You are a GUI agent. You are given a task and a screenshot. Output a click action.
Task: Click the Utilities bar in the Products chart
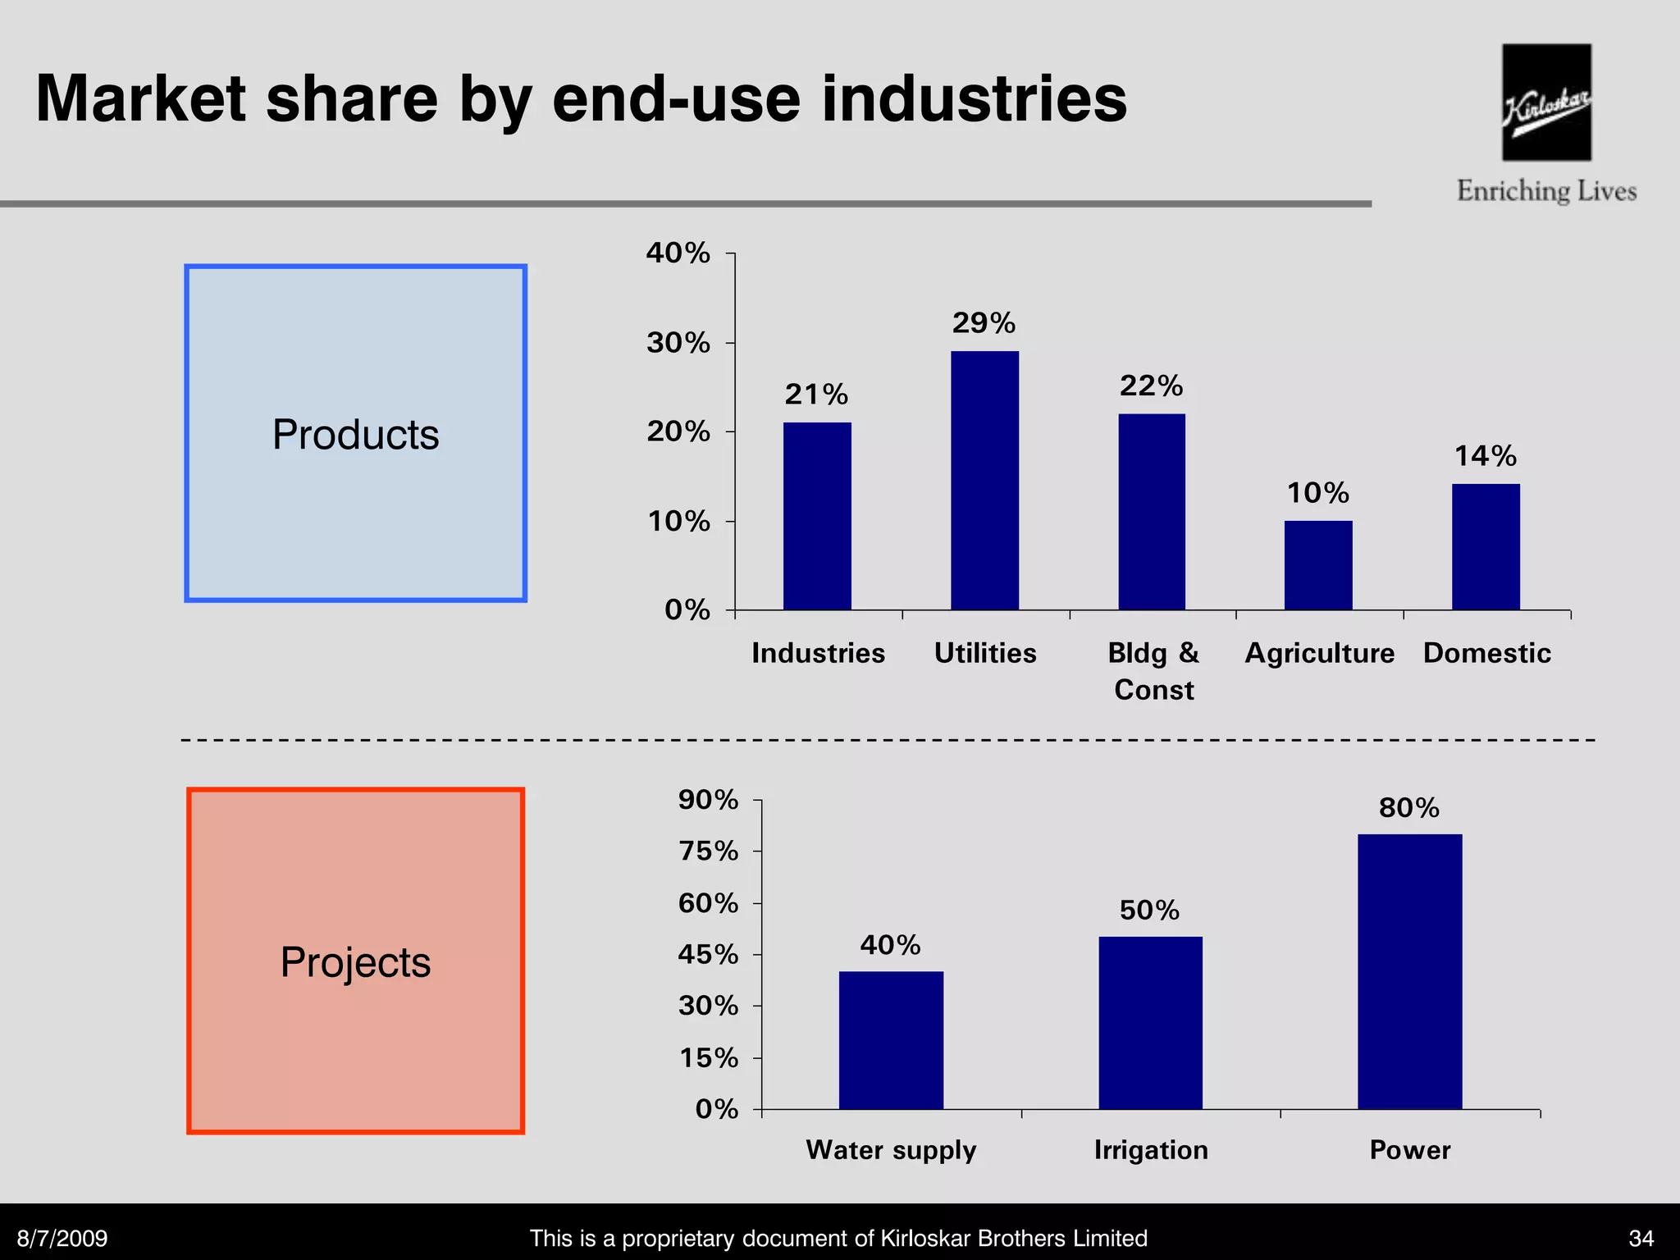(984, 480)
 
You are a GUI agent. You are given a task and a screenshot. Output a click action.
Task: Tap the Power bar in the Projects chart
(1409, 971)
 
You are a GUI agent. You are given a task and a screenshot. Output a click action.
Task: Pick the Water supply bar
(891, 1039)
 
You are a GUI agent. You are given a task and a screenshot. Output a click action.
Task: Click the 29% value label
(984, 323)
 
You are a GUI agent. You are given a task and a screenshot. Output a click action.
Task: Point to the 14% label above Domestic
(1485, 456)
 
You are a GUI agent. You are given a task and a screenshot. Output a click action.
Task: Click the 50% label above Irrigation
(1149, 910)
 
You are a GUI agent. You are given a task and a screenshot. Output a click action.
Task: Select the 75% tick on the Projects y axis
(708, 851)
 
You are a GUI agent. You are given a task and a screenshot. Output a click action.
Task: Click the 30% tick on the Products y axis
(678, 343)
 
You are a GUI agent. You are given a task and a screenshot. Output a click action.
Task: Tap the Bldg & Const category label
(1153, 671)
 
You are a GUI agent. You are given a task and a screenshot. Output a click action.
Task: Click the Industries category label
(818, 653)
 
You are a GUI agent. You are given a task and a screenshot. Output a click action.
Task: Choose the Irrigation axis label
(1151, 1150)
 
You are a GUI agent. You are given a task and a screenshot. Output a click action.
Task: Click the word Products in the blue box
(355, 434)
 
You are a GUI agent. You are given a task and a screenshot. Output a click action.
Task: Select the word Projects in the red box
(355, 961)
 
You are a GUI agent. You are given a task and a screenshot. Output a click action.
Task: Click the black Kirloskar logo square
(1546, 103)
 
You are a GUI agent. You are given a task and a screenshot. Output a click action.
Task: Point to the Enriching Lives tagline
(1546, 191)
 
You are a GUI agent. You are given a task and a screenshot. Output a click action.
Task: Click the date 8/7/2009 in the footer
(62, 1238)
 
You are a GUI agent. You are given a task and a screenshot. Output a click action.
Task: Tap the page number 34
(1641, 1238)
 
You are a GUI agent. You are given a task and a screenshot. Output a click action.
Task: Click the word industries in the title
(974, 99)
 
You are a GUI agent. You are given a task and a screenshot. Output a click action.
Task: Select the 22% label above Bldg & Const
(1151, 386)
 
